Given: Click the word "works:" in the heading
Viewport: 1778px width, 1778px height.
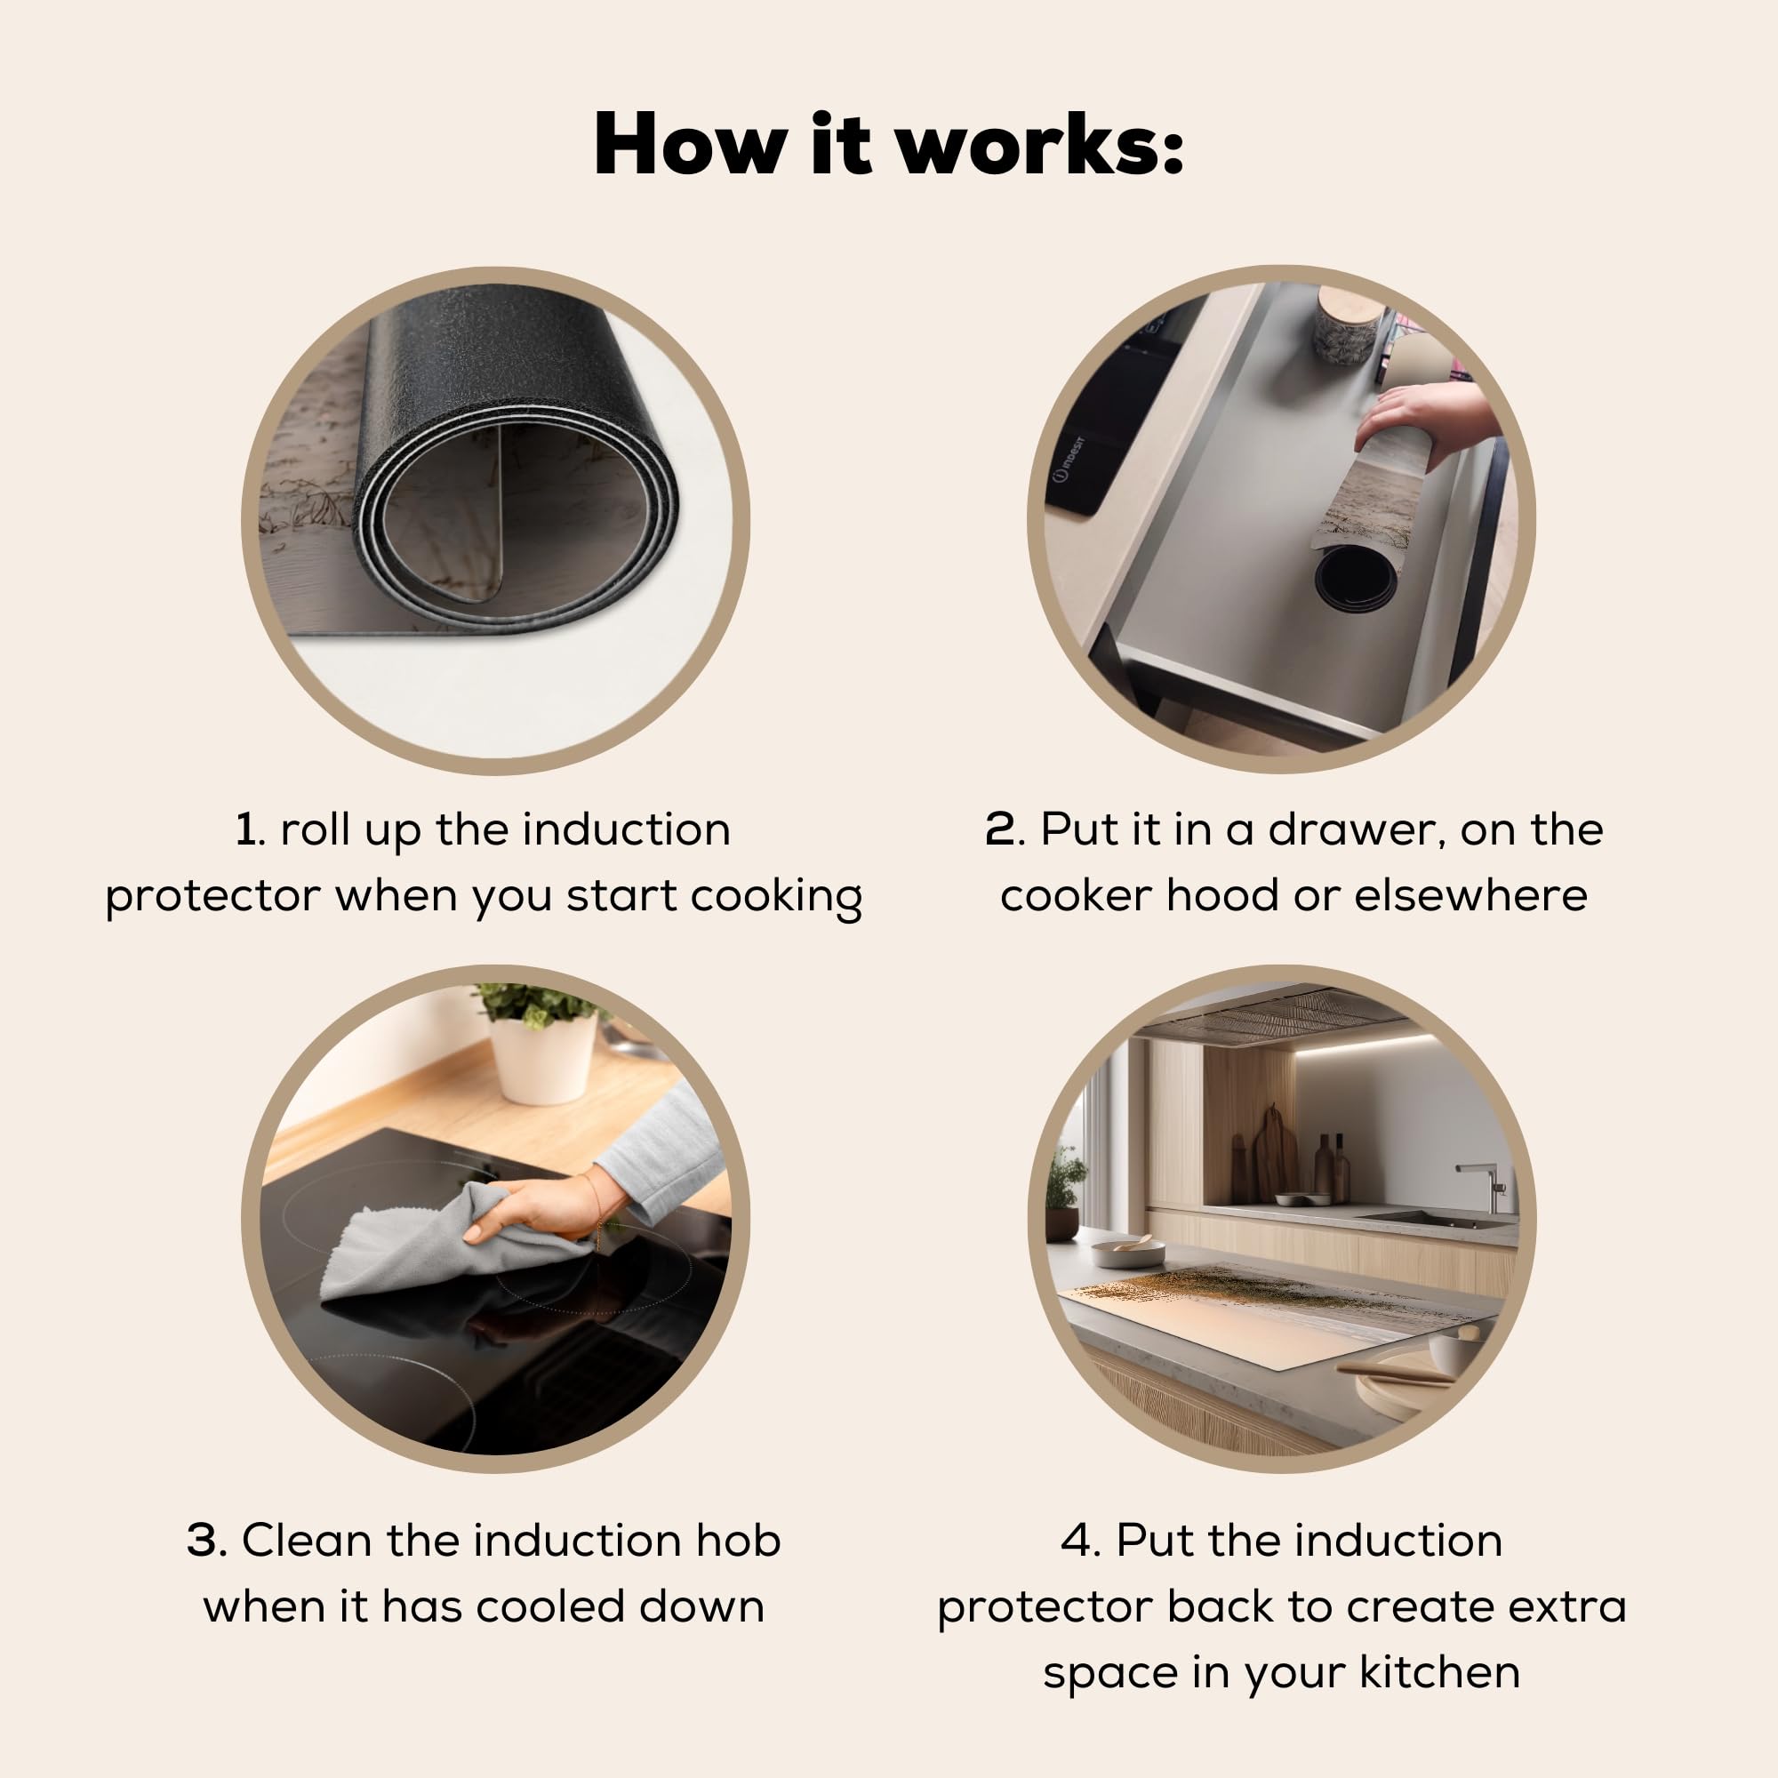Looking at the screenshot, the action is tap(1040, 145).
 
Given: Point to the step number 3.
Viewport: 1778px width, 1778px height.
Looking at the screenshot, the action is tap(205, 1541).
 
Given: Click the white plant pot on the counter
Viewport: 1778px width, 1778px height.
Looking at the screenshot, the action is tap(543, 1058).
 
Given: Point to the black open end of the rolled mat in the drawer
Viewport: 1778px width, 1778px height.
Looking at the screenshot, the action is tap(1356, 581).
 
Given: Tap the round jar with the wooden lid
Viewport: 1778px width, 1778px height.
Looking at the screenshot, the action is tap(1348, 324).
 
